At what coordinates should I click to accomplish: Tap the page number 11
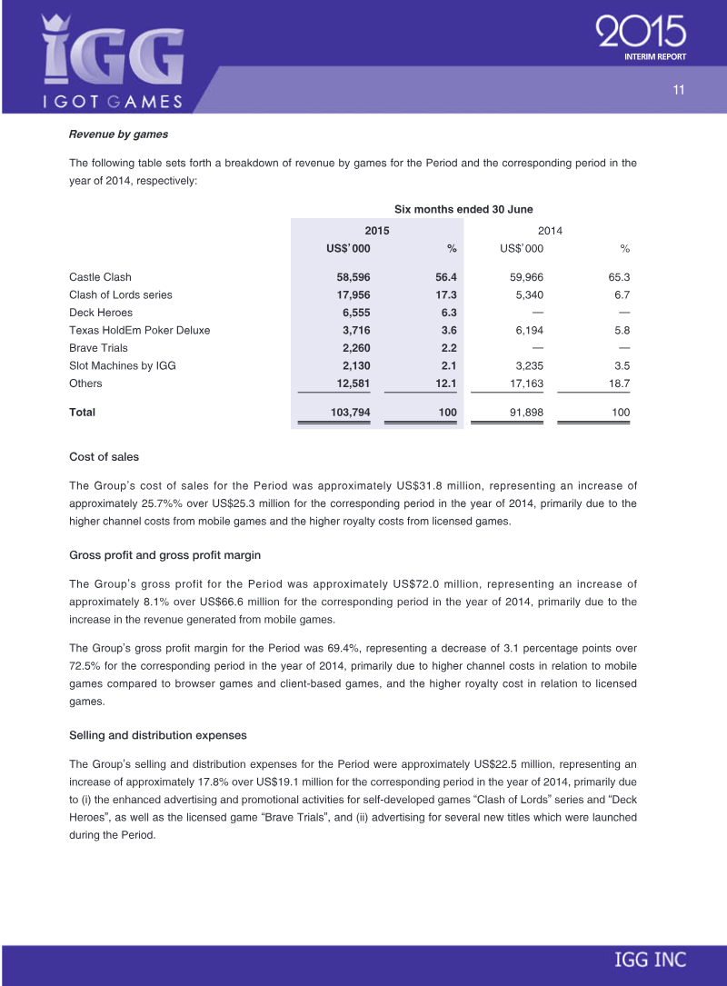pyautogui.click(x=678, y=89)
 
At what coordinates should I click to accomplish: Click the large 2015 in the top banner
pyautogui.click(x=641, y=35)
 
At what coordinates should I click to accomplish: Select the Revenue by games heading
pyautogui.click(x=118, y=134)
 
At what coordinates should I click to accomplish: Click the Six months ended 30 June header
pyautogui.click(x=463, y=209)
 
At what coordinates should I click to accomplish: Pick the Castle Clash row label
pyautogui.click(x=100, y=277)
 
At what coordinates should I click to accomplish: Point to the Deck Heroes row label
pyautogui.click(x=101, y=313)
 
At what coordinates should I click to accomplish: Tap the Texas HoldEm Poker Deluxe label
pyautogui.click(x=139, y=330)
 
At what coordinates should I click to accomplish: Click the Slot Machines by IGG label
pyautogui.click(x=123, y=365)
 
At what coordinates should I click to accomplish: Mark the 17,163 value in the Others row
pyautogui.click(x=524, y=383)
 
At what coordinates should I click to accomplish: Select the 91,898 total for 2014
pyautogui.click(x=524, y=413)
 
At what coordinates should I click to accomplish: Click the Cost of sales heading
pyautogui.click(x=104, y=456)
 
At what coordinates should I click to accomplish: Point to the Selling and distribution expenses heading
pyautogui.click(x=157, y=733)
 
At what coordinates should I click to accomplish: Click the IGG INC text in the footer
pyautogui.click(x=650, y=961)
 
